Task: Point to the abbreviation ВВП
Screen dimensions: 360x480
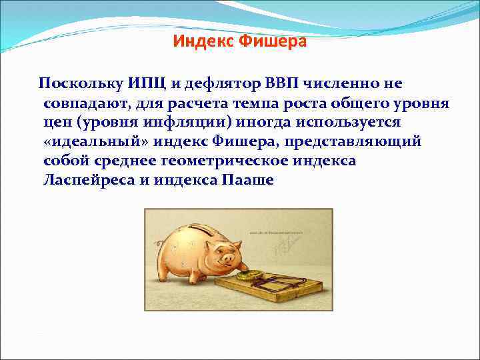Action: [282, 83]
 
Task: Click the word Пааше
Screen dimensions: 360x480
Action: [246, 181]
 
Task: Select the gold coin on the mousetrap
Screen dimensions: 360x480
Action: [253, 274]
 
